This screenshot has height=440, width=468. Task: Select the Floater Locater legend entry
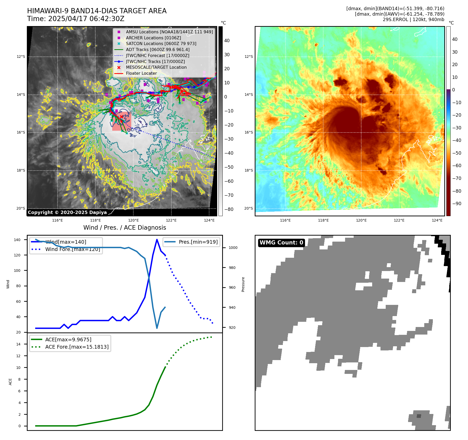coord(141,73)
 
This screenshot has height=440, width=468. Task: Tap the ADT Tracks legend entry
coord(158,49)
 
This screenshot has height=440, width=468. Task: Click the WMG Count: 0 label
coord(281,243)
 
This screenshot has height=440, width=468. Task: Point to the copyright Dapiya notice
coord(67,212)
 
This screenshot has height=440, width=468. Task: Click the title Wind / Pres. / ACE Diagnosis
coord(124,228)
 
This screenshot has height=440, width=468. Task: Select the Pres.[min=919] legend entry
coord(198,242)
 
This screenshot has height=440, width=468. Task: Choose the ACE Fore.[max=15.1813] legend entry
coord(77,347)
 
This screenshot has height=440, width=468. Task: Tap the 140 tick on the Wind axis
coord(17,240)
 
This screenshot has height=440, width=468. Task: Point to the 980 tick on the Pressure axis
coord(233,268)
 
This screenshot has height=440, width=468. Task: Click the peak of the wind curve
coord(157,240)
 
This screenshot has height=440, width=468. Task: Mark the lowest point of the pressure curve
coord(157,328)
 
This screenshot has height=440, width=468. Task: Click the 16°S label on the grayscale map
coord(21,133)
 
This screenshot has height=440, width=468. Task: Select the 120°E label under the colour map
coord(361,220)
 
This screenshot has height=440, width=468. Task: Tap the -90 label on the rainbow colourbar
coord(457,204)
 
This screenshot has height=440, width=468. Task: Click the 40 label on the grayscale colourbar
coord(227,41)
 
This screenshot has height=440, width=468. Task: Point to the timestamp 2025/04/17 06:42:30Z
coord(86,19)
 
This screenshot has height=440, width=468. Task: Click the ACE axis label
coord(10,382)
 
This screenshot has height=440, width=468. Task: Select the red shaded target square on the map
coord(122,121)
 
